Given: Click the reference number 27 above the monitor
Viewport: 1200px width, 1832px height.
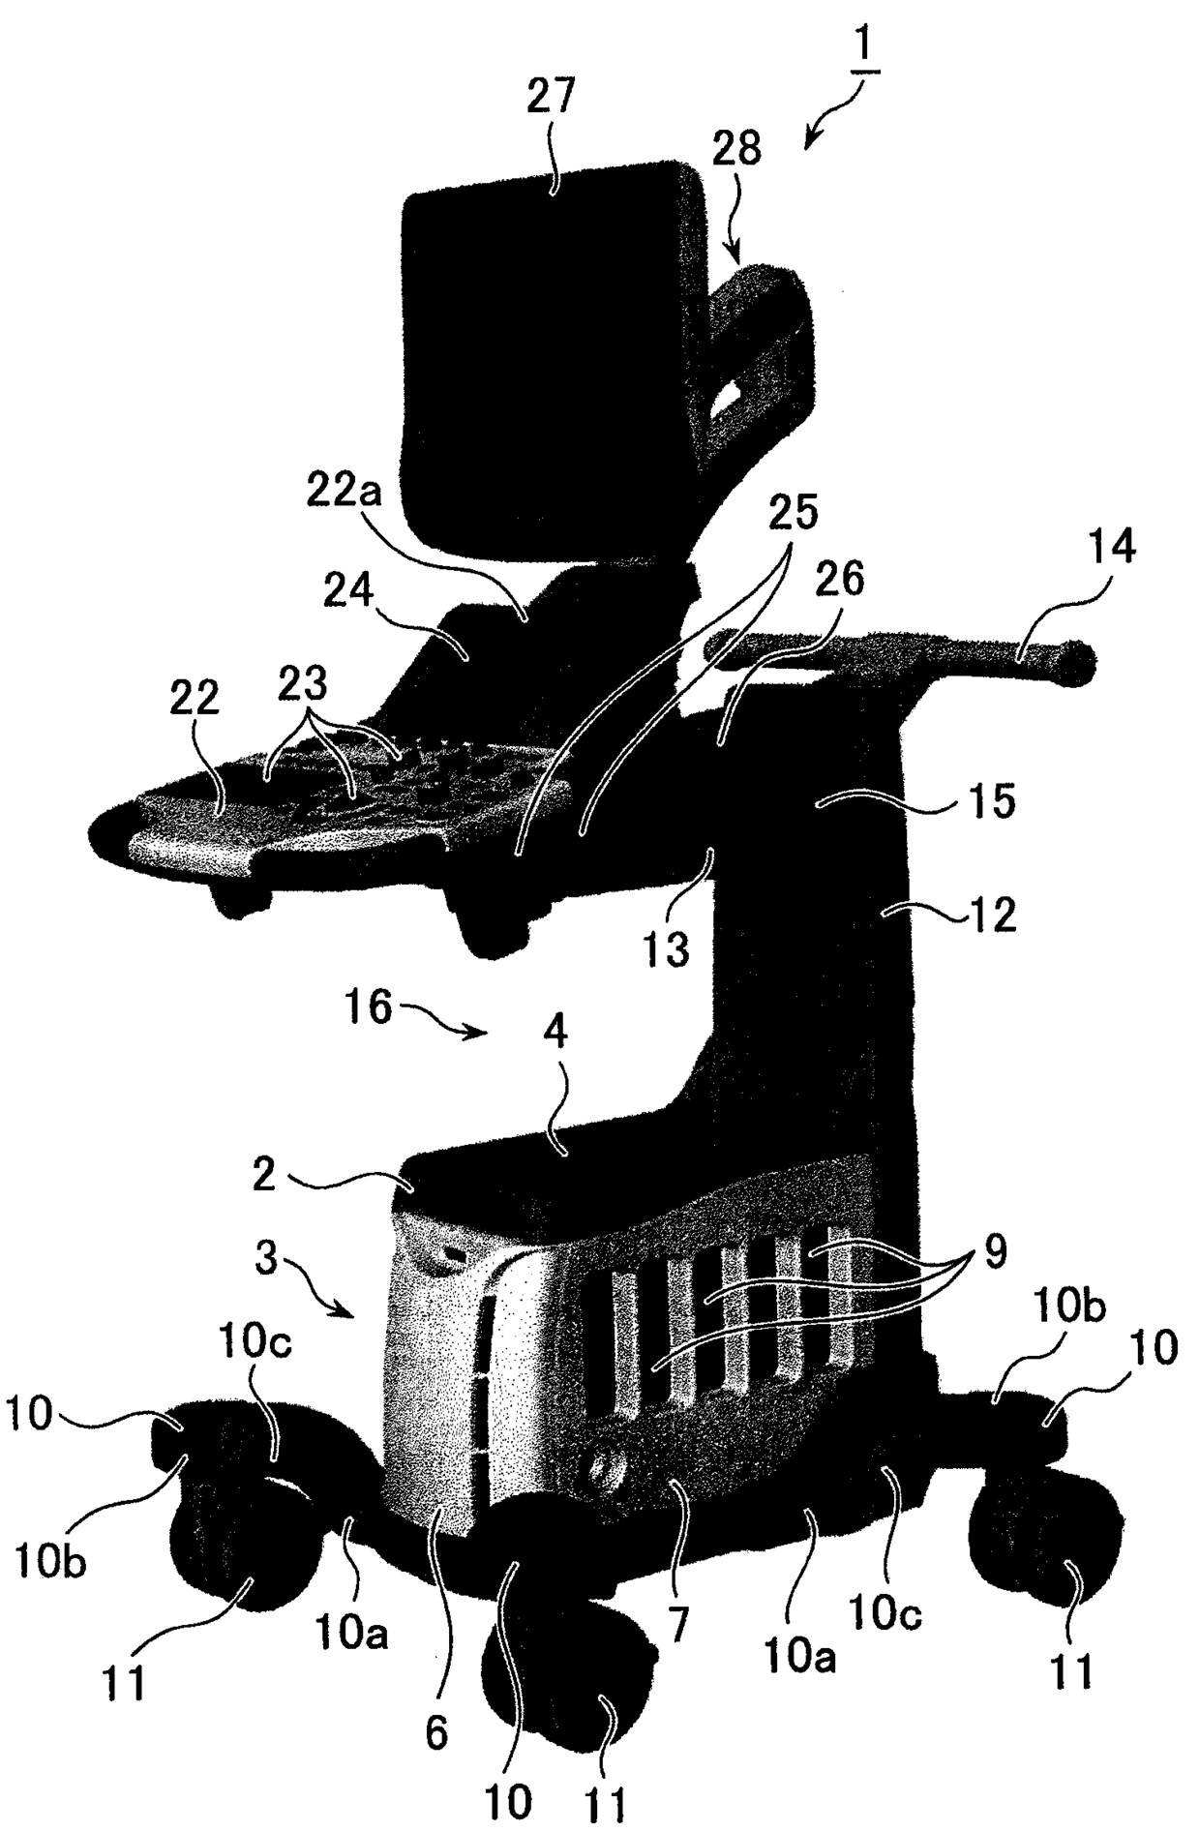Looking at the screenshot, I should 551,99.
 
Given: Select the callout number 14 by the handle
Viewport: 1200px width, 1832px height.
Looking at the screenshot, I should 1109,548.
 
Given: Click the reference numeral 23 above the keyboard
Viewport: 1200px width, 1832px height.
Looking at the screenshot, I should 303,685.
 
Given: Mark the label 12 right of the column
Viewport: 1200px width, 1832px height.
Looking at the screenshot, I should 992,913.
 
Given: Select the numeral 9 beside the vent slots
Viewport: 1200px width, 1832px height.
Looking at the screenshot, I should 995,1252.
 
